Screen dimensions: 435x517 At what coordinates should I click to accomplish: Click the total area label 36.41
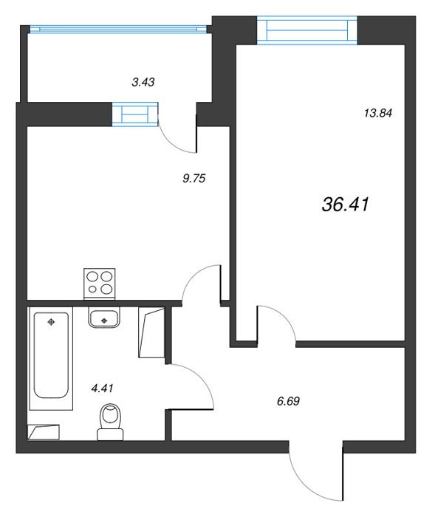click(346, 204)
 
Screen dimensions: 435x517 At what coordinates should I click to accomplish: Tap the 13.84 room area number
click(378, 113)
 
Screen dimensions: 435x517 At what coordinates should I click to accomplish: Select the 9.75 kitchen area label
click(194, 179)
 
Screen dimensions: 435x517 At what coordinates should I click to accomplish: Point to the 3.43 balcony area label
click(143, 82)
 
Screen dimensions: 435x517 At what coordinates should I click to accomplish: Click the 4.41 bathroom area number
click(102, 388)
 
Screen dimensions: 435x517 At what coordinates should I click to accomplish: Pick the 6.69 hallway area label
click(288, 401)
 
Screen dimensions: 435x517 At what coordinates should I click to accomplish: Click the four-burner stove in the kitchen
click(100, 284)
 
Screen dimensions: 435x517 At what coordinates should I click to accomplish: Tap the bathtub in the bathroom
click(51, 358)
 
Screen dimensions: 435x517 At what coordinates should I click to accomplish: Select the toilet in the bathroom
click(110, 422)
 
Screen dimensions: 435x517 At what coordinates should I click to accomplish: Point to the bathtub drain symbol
click(51, 322)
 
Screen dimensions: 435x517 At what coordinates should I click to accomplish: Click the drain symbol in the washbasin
click(104, 320)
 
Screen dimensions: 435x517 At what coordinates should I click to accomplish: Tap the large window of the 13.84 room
click(307, 30)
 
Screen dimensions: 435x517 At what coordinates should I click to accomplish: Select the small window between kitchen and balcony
click(135, 114)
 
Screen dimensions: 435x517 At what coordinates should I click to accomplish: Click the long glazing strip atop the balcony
click(118, 30)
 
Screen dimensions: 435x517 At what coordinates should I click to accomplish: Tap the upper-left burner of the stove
click(92, 276)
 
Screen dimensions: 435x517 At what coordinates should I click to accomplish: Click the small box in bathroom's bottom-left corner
click(44, 432)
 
